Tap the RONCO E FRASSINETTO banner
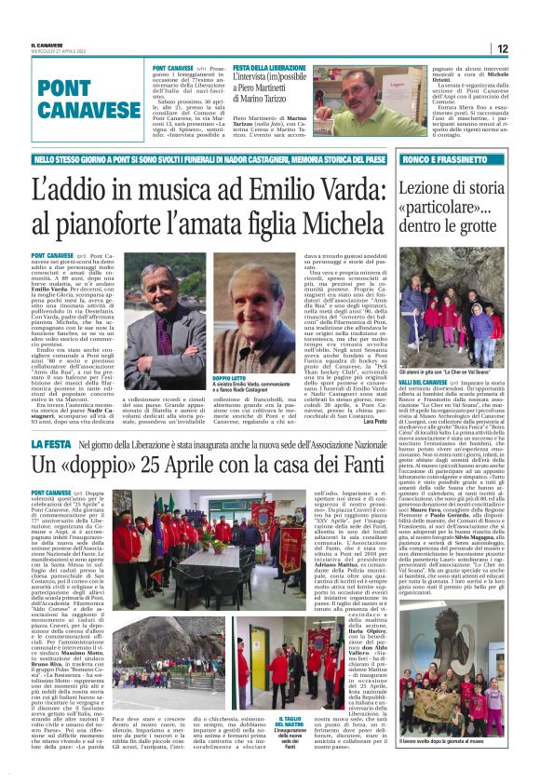(x=432, y=159)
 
